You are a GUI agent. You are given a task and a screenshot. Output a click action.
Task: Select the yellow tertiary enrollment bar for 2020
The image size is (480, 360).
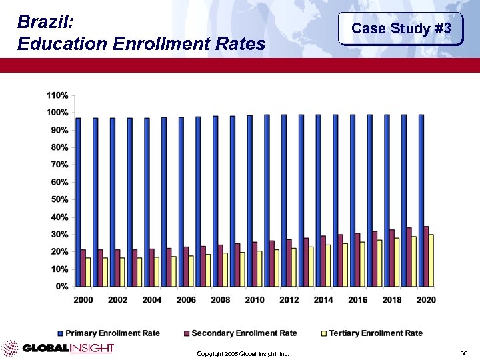click(431, 261)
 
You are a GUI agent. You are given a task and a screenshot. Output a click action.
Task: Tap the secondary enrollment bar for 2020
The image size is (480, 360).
click(426, 257)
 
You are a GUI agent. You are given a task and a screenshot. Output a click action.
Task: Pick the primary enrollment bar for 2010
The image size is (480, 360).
click(249, 201)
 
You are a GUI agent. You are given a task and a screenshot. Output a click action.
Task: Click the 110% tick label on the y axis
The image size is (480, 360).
click(56, 95)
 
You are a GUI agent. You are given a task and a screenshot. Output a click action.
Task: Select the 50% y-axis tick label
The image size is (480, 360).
click(58, 199)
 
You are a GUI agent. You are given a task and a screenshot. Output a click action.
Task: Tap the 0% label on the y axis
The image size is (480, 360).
click(61, 287)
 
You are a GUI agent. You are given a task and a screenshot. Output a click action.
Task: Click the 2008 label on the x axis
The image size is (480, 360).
click(221, 300)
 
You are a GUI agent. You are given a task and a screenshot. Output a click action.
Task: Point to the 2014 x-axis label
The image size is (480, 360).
click(323, 300)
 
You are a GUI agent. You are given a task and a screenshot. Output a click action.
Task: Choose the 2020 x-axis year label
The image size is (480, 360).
click(426, 300)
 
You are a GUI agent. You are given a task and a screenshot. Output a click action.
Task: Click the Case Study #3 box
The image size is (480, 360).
click(401, 29)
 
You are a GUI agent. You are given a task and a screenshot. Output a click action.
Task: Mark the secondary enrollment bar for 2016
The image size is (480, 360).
click(357, 260)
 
